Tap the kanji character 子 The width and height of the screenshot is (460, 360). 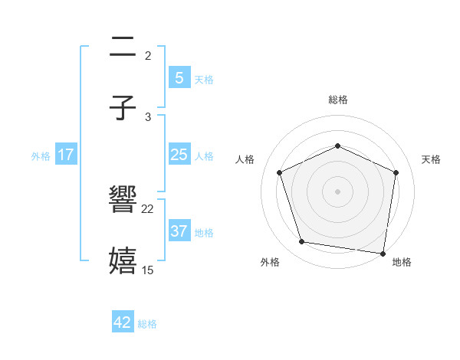coord(123,109)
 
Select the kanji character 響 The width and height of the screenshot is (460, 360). coord(123,200)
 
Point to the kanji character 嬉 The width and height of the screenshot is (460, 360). coord(123,261)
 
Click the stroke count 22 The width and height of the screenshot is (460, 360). coord(148,208)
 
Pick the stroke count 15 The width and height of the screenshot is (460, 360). coord(148,270)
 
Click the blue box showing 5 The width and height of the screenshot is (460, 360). coord(179,78)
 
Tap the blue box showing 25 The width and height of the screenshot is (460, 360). coord(179,155)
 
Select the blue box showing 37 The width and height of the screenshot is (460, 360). coord(179,231)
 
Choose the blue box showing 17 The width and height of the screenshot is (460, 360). coord(66,155)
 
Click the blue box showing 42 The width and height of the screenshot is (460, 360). coord(123,322)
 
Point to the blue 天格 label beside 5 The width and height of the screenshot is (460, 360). coord(204,80)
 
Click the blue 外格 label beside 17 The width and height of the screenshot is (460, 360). coord(41,156)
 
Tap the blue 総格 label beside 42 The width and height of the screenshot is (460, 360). coord(147,324)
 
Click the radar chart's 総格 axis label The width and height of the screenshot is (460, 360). coord(337,100)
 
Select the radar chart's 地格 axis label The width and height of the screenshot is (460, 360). coord(402,263)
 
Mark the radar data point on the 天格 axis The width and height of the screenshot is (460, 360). coord(396,172)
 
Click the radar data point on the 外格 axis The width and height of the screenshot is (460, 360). coord(302,242)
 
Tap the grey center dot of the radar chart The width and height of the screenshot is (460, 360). coord(337,191)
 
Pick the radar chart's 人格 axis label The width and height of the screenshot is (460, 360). coord(245,159)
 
